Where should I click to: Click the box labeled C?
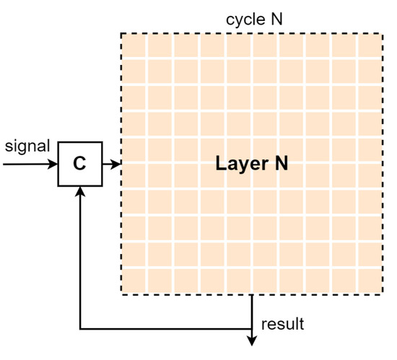[79, 164]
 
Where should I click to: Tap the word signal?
[27, 146]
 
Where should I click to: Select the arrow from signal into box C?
[30, 164]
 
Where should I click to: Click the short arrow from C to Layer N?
[111, 164]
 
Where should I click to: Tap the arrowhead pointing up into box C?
[79, 191]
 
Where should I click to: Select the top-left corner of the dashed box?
[121, 34]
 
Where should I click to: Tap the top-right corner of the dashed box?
[383, 34]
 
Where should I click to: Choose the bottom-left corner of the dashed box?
[121, 294]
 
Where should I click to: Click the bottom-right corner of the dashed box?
[383, 294]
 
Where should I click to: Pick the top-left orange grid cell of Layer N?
[134, 47]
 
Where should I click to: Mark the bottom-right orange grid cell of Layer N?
[370, 281]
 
